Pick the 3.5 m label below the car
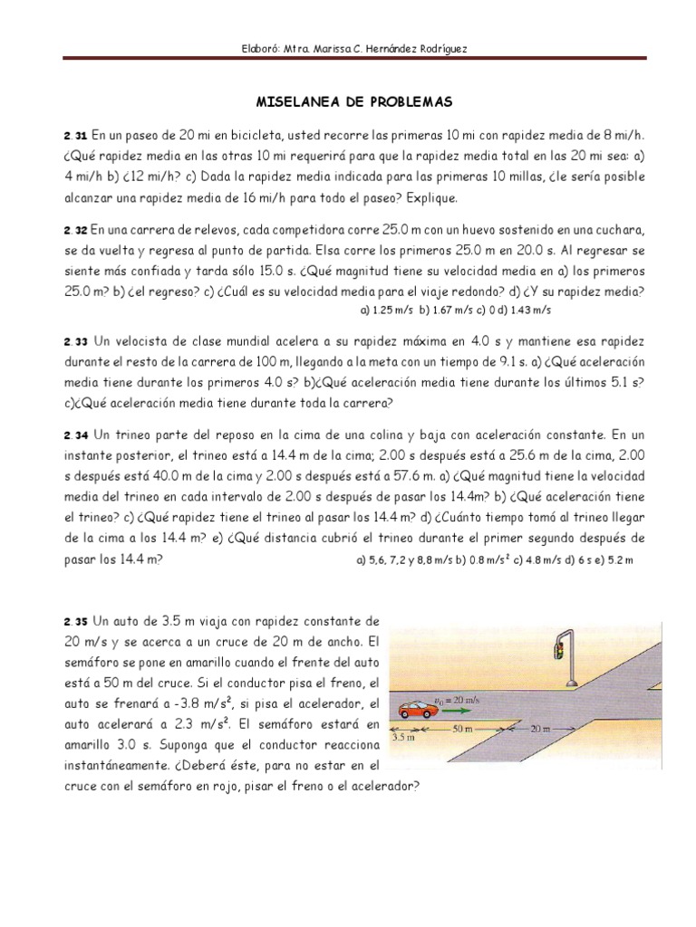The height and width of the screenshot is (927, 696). (x=401, y=739)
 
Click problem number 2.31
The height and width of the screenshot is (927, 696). (x=75, y=135)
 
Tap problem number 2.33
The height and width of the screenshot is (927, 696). (x=75, y=342)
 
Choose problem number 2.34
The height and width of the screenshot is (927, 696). (x=75, y=435)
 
